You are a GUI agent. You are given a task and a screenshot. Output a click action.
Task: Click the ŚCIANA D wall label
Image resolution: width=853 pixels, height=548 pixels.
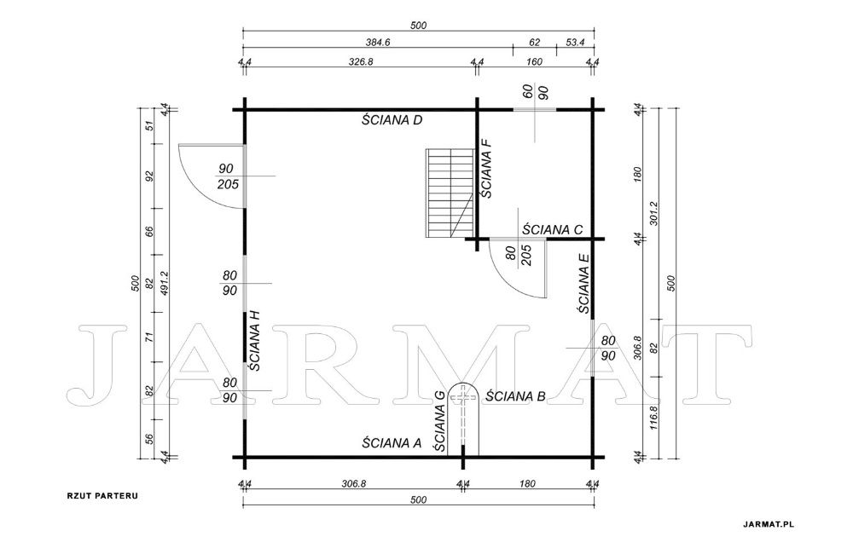click(392, 119)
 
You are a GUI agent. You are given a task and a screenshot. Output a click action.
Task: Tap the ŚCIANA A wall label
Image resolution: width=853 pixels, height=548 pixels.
click(392, 443)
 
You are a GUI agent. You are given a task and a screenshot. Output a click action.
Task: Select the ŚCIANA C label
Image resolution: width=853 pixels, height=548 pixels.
click(552, 229)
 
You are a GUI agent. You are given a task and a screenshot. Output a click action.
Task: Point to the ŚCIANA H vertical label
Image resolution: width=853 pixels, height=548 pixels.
click(254, 340)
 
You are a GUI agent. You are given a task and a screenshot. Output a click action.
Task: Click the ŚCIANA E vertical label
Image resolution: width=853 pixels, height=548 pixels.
click(583, 283)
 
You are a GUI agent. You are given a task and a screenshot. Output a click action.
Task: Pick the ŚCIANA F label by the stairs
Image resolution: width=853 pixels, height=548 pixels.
click(487, 167)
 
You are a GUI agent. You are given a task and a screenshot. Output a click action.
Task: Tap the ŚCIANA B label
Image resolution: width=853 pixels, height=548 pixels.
click(515, 395)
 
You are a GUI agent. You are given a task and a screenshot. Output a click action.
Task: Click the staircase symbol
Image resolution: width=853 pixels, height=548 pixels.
click(450, 193)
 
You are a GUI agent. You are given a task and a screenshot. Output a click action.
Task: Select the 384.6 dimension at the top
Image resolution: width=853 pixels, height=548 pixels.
click(380, 41)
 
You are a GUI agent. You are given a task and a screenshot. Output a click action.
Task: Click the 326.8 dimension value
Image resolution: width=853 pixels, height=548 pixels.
click(361, 61)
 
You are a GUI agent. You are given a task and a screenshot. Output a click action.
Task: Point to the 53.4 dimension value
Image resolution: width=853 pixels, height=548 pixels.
click(575, 41)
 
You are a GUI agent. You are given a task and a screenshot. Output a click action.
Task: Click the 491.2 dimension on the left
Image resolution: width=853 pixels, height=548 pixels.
click(163, 284)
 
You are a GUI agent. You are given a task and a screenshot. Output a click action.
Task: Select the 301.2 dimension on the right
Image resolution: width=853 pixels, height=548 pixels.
click(654, 214)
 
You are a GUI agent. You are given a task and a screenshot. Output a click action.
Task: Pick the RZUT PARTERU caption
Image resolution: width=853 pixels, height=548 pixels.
click(102, 496)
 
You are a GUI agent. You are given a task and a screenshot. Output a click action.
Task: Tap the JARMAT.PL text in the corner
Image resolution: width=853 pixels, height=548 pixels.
click(769, 525)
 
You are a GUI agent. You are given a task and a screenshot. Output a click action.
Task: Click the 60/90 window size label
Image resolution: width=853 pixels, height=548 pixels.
click(535, 92)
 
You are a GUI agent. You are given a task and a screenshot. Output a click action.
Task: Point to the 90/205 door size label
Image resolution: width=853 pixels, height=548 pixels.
click(229, 176)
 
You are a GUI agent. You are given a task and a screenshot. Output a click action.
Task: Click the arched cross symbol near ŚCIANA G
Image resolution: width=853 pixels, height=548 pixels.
click(463, 418)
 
